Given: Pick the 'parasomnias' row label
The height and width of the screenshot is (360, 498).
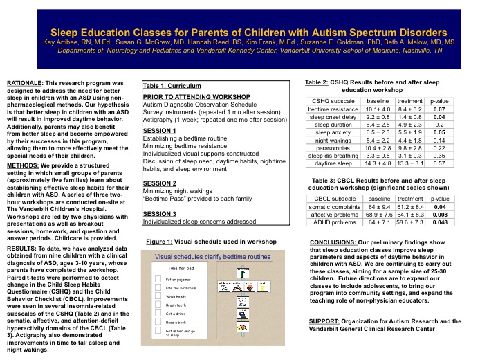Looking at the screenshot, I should click(333, 147).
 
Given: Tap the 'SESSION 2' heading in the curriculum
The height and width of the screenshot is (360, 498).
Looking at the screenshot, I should click(159, 183).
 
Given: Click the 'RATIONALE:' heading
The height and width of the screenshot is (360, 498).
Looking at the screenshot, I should click(24, 82).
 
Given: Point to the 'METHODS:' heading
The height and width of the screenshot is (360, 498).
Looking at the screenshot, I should click(22, 166).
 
